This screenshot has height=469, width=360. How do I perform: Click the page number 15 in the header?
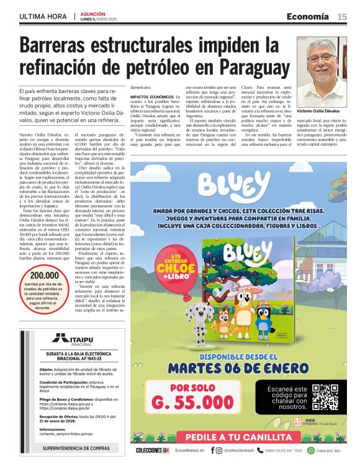pos(342,16)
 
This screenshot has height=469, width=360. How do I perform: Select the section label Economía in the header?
pos(308,16)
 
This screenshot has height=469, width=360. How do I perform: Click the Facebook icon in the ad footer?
pos(213,450)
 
